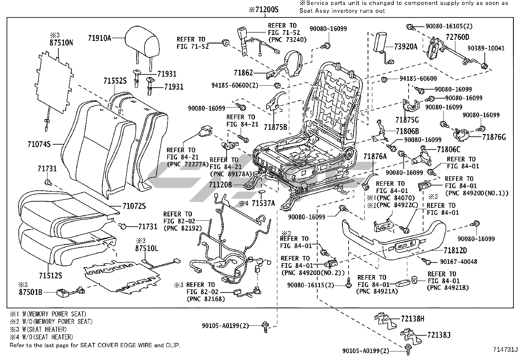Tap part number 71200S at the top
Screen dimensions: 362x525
tap(263, 10)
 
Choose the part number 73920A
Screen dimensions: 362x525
tap(406, 46)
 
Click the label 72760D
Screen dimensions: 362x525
tap(457, 37)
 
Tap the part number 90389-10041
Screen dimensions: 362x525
tap(486, 48)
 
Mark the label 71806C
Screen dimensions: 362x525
tap(448, 150)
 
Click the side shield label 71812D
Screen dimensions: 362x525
tap(455, 250)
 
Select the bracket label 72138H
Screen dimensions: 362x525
tap(413, 319)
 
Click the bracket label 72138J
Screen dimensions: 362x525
tap(439, 335)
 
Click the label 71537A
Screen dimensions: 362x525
tap(263, 203)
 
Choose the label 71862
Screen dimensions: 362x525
tap(243, 73)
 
